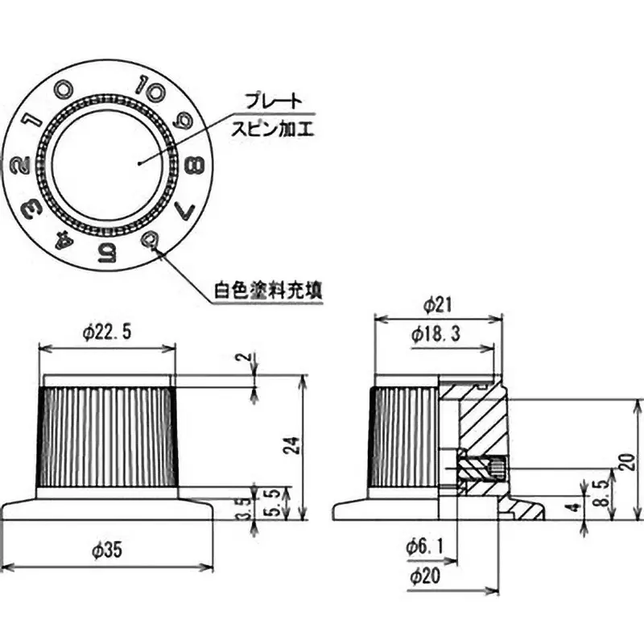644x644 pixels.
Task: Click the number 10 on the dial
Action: (149, 86)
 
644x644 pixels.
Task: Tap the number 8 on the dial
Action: (193, 167)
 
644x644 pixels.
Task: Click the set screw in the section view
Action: (481, 467)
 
